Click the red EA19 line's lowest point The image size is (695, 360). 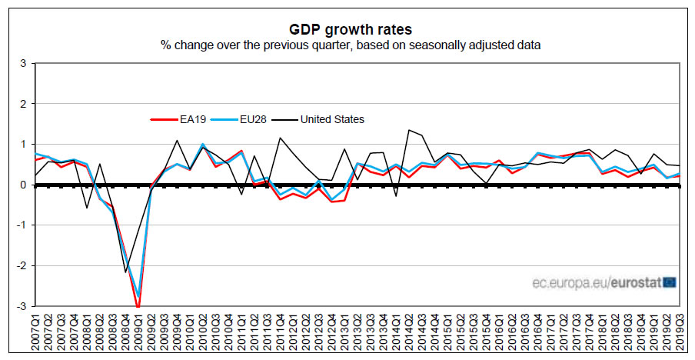tap(138, 307)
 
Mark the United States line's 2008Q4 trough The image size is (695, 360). tap(125, 272)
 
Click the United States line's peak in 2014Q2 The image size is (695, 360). tap(408, 130)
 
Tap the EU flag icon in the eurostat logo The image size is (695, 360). tap(669, 283)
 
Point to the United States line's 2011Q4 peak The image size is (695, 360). tap(280, 138)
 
